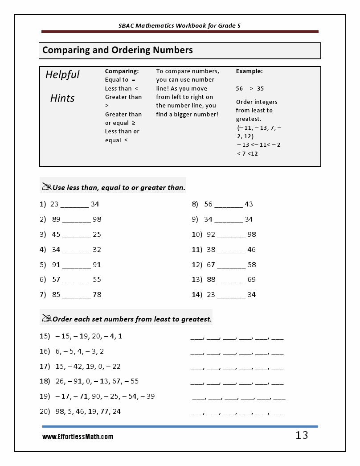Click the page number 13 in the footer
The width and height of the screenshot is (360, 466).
tap(301, 436)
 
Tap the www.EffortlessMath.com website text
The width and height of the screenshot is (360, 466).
tap(78, 437)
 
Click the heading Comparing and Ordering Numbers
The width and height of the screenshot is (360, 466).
tap(118, 50)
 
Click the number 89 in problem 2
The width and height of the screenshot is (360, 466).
tap(56, 219)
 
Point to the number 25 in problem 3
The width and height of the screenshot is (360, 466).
tap(97, 235)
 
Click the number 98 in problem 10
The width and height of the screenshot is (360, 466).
tap(252, 235)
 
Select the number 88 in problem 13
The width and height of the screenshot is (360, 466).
tap(211, 280)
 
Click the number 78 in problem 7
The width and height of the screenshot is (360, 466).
tap(97, 295)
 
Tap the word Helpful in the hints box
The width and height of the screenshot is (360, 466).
tap(62, 74)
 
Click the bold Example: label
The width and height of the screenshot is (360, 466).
tap(249, 71)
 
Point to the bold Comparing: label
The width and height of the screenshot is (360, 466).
tap(122, 71)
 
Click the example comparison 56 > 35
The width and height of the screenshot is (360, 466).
tap(250, 88)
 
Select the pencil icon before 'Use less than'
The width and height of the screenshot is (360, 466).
tap(46, 187)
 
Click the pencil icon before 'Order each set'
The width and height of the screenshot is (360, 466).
tap(46, 318)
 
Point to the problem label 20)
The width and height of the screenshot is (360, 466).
tap(45, 412)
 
